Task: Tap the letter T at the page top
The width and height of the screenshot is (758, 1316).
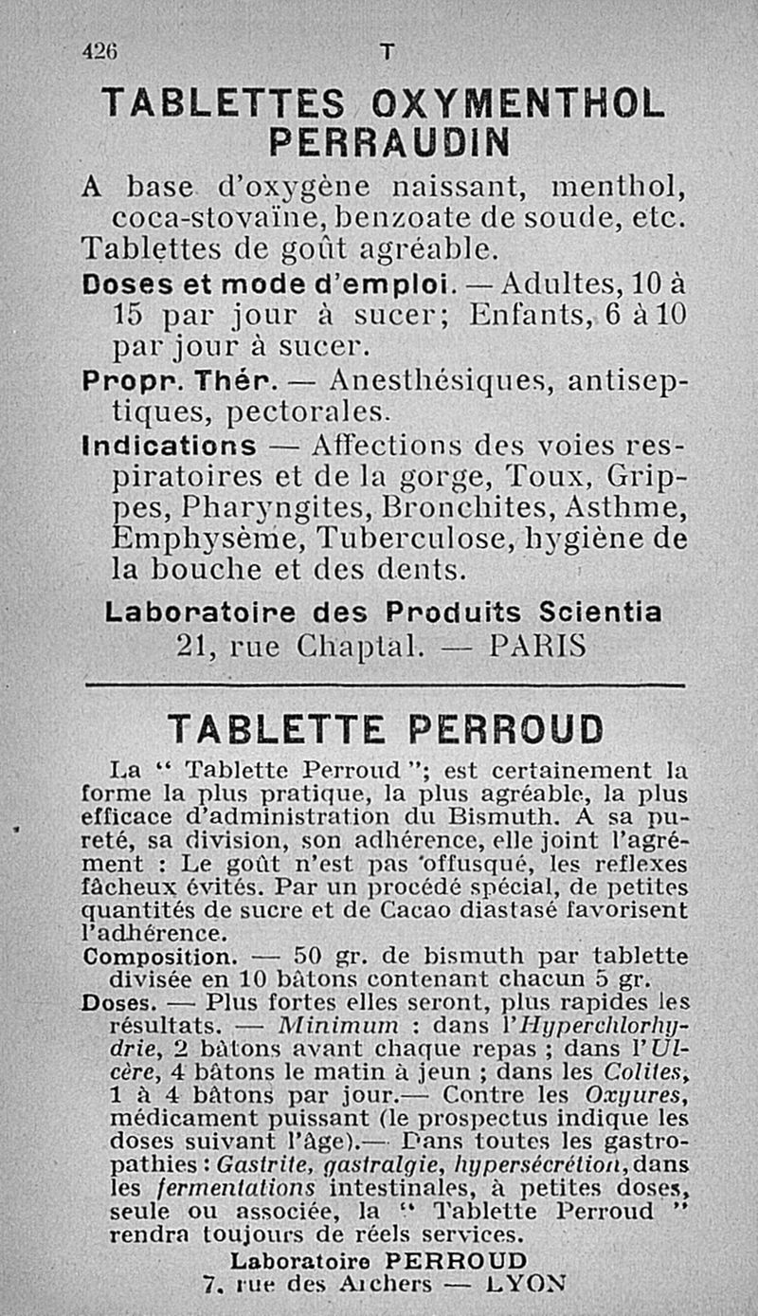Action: pyautogui.click(x=385, y=54)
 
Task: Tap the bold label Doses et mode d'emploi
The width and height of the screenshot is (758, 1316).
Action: pyautogui.click(x=270, y=283)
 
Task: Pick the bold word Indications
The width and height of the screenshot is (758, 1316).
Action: pyautogui.click(x=170, y=446)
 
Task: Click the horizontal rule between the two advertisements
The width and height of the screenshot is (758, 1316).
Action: pyautogui.click(x=384, y=684)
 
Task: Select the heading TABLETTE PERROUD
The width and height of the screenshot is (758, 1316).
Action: pyautogui.click(x=385, y=729)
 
